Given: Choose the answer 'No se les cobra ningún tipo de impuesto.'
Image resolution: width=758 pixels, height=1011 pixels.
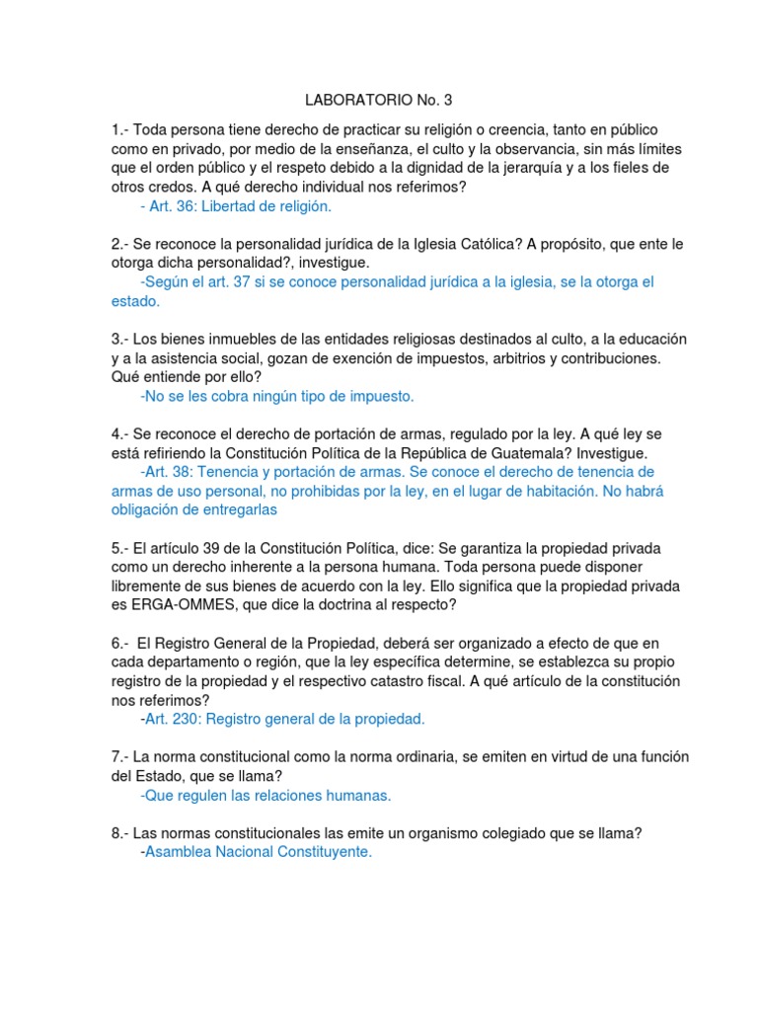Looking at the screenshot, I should pos(277,396).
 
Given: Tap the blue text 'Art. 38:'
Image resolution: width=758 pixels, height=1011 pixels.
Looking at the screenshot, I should pos(173,472).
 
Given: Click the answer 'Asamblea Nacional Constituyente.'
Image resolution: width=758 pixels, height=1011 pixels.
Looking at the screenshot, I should pos(259,851).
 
